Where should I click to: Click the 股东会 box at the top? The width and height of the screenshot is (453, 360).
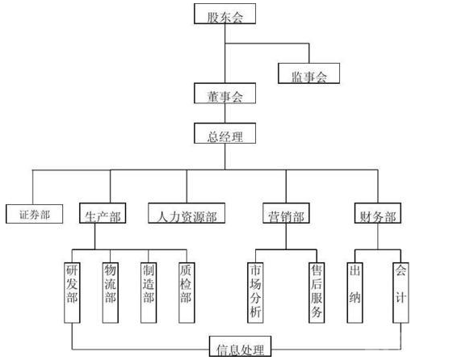click(224, 14)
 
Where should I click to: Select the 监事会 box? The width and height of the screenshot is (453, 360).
click(308, 73)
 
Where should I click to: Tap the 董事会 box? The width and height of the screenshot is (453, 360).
click(224, 94)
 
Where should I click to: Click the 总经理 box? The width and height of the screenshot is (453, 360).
click(224, 133)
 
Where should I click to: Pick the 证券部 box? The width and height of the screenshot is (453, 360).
click(35, 214)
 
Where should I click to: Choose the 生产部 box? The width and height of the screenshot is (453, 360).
click(103, 213)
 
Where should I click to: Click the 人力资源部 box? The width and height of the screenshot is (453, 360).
click(187, 213)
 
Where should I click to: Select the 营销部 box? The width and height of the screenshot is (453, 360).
click(286, 213)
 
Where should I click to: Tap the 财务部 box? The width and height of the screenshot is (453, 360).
click(378, 213)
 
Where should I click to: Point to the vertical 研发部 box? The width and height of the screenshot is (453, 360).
click(72, 293)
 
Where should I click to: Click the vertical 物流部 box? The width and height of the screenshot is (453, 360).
click(111, 293)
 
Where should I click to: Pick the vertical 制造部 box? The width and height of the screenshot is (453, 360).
click(149, 293)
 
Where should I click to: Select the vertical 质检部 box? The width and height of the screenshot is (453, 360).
click(187, 293)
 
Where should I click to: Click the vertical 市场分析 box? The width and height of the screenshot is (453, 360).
click(255, 293)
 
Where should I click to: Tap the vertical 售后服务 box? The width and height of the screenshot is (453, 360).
click(317, 293)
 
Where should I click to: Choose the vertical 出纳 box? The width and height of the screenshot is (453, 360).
click(354, 293)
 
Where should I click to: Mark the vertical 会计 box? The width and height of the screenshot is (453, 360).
click(401, 293)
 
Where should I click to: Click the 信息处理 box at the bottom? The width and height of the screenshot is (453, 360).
click(240, 346)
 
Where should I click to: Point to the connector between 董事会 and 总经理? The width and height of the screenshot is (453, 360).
click(225, 113)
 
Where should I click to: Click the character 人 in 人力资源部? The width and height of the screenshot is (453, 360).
click(162, 216)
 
